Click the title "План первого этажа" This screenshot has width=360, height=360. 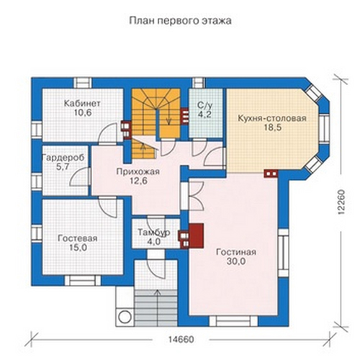click(180, 21)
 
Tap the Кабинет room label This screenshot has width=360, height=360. click(82, 104)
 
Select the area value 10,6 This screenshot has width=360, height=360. click(83, 113)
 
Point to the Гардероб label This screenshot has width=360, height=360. click(63, 158)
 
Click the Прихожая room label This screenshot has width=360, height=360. click(138, 172)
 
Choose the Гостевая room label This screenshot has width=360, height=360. click(78, 238)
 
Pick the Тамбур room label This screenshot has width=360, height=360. click(154, 233)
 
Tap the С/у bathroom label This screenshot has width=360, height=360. click(205, 105)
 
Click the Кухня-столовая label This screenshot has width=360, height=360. click(272, 118)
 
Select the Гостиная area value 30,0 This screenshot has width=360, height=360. click(236, 261)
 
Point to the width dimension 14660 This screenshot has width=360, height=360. click(181, 340)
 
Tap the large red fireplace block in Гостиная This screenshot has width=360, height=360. click(197, 235)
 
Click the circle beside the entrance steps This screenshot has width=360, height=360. click(124, 317)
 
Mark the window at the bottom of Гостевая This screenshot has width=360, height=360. click(83, 281)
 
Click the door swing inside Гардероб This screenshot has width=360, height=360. click(79, 177)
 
